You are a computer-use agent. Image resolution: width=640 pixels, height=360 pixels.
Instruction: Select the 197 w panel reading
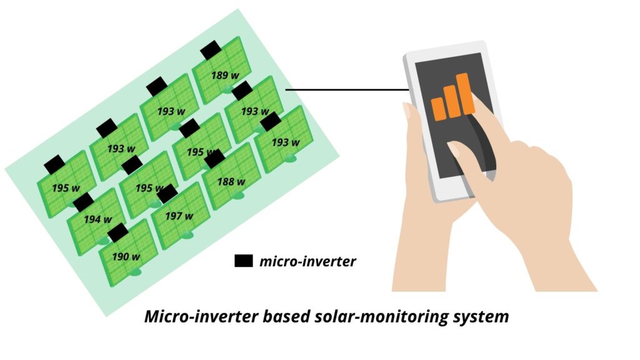(x=179, y=216)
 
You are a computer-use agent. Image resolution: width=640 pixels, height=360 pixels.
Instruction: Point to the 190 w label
(x=126, y=256)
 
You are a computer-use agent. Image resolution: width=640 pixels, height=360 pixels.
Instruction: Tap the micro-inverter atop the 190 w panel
(x=118, y=233)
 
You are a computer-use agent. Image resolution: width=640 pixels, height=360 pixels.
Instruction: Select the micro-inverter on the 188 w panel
(x=214, y=159)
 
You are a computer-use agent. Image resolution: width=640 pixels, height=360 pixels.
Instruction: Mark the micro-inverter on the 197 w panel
(x=167, y=194)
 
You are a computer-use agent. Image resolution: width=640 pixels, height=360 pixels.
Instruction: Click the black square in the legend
(x=243, y=261)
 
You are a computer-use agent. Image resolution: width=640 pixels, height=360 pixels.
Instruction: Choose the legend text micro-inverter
(x=307, y=261)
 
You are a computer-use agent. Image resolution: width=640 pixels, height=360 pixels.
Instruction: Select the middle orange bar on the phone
(x=451, y=101)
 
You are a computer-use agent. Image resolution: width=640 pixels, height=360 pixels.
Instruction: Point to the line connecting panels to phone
(x=347, y=90)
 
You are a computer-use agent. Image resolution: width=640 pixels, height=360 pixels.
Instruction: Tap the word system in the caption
(x=482, y=317)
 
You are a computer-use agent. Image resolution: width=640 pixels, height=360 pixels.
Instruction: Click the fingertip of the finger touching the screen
(x=454, y=148)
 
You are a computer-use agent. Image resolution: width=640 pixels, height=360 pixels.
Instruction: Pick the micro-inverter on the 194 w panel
(x=83, y=202)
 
